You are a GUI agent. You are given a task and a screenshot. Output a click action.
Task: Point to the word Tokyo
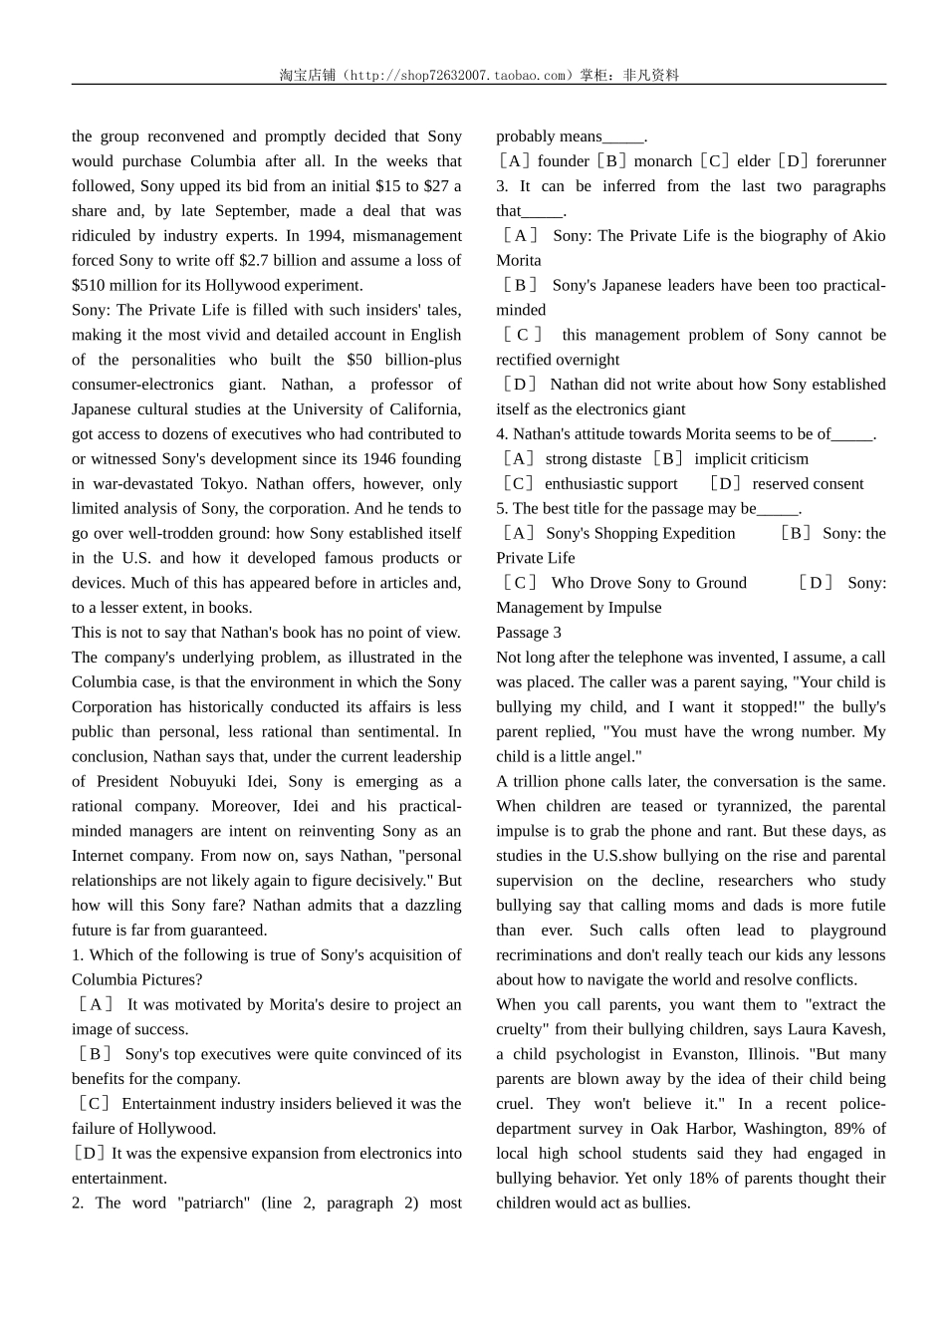(x=219, y=483)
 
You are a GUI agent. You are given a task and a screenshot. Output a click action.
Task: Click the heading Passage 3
(x=529, y=632)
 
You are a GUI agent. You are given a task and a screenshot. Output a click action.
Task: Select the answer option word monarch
(x=662, y=160)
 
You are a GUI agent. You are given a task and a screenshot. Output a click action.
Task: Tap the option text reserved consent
(x=808, y=483)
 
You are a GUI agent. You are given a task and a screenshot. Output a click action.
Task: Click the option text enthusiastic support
(x=610, y=483)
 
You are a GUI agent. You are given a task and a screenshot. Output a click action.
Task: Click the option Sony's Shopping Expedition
(x=640, y=533)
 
